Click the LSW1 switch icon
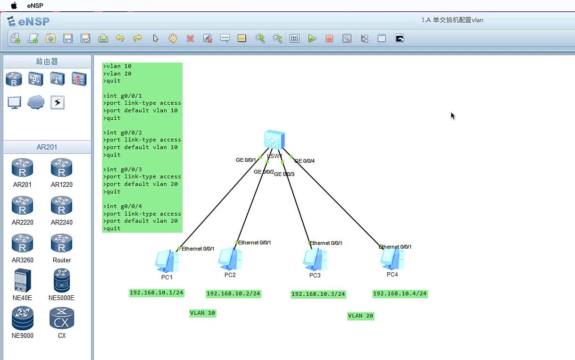point(274,140)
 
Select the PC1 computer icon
point(167,261)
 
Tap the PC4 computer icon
point(392,259)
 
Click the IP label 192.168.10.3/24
point(318,294)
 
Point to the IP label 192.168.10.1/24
point(157,293)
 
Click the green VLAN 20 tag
point(361,316)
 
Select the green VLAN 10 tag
point(203,313)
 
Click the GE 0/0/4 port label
point(305,161)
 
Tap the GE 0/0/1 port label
point(246,160)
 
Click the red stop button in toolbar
point(329,39)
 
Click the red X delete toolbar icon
point(190,39)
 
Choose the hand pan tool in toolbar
point(173,39)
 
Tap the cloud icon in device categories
point(36,102)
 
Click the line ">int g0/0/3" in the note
point(124,169)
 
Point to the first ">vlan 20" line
point(119,74)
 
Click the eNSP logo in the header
point(28,21)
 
